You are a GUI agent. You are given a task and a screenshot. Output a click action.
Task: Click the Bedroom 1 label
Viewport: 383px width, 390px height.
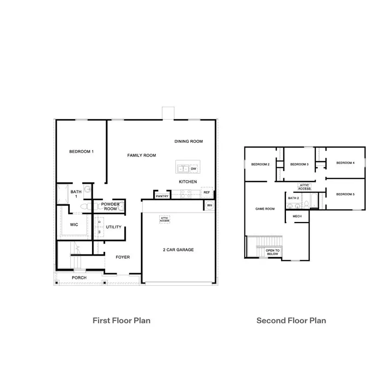81,151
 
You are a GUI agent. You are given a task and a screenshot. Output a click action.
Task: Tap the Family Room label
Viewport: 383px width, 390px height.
142,155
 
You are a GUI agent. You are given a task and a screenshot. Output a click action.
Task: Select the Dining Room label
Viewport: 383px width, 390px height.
189,141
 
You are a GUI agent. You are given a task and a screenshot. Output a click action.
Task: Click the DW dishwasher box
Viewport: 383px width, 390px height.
193,169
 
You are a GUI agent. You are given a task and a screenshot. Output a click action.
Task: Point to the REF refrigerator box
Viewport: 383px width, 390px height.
207,193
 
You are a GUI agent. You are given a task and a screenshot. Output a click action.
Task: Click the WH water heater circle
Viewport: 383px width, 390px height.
209,205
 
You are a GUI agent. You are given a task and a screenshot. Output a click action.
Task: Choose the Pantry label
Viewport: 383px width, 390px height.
162,196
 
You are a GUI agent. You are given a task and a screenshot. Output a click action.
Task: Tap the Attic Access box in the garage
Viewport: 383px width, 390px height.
165,219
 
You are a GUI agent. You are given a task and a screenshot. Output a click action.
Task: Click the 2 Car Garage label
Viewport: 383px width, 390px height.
178,250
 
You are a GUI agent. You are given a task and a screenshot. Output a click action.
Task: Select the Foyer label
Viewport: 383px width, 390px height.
123,257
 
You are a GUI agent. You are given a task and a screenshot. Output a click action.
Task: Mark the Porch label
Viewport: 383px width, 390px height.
79,278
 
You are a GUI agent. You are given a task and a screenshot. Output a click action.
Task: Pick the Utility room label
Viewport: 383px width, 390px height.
114,227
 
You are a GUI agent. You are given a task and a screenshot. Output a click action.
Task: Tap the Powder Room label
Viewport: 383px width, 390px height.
110,206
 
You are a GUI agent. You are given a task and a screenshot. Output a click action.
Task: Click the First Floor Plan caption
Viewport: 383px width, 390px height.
121,320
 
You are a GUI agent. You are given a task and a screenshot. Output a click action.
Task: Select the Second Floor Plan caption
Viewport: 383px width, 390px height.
291,320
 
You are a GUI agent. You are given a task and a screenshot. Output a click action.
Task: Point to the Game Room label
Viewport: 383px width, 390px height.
265,209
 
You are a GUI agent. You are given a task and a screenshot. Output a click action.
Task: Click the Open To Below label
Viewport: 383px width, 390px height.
273,252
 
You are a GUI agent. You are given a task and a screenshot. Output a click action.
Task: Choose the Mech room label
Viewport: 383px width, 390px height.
297,216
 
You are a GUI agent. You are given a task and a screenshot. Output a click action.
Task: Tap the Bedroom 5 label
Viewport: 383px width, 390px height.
345,194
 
